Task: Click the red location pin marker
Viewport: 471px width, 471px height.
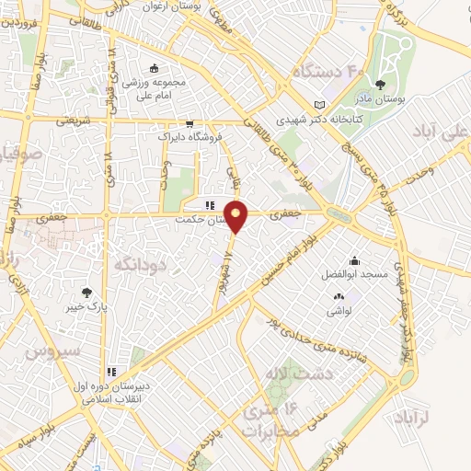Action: [237, 215]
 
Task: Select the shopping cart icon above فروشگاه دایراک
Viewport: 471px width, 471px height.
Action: [190, 122]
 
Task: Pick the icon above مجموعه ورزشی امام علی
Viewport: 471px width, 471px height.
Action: [154, 67]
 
